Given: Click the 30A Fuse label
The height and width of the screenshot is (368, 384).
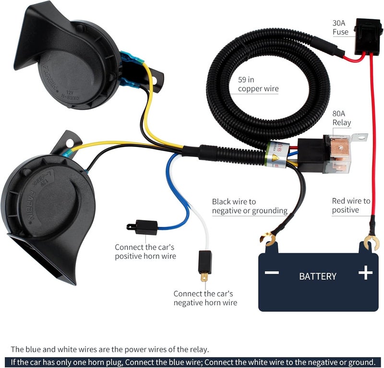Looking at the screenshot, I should [x=340, y=27].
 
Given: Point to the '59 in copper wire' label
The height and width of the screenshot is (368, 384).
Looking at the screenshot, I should [x=258, y=84].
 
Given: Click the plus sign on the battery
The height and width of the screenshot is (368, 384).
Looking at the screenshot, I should [x=365, y=273].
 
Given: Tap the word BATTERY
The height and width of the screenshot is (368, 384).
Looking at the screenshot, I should [x=317, y=276].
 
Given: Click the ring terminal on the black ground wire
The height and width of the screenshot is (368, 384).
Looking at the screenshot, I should [x=267, y=238].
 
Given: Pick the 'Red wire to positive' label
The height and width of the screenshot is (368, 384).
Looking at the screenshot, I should [x=351, y=205].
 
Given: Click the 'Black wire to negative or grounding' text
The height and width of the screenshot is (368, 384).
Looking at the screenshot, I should [x=250, y=206].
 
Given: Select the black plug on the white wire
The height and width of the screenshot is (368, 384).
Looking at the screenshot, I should [x=205, y=262].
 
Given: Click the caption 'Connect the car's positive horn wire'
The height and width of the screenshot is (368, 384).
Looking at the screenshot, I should [x=145, y=252].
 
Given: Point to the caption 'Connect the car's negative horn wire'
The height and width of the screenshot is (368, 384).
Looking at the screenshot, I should [x=205, y=298].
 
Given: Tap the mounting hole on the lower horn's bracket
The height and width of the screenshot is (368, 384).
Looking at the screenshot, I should [x=70, y=142].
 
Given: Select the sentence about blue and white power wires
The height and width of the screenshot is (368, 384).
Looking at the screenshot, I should [x=109, y=349].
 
